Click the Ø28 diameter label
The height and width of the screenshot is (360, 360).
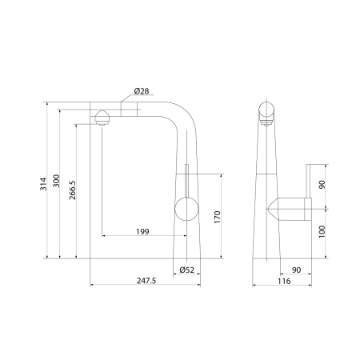142,91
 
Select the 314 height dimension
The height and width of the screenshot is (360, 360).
43,184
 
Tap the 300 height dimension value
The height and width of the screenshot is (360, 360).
56,181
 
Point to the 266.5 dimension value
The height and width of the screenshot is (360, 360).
73,190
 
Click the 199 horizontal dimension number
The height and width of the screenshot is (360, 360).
142,231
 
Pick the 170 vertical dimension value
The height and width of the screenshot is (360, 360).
218,217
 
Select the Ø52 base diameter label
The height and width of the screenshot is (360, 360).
187,270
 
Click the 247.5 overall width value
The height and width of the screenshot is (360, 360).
146,281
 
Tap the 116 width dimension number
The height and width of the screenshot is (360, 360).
284,281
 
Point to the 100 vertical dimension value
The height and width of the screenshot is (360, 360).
322,231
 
